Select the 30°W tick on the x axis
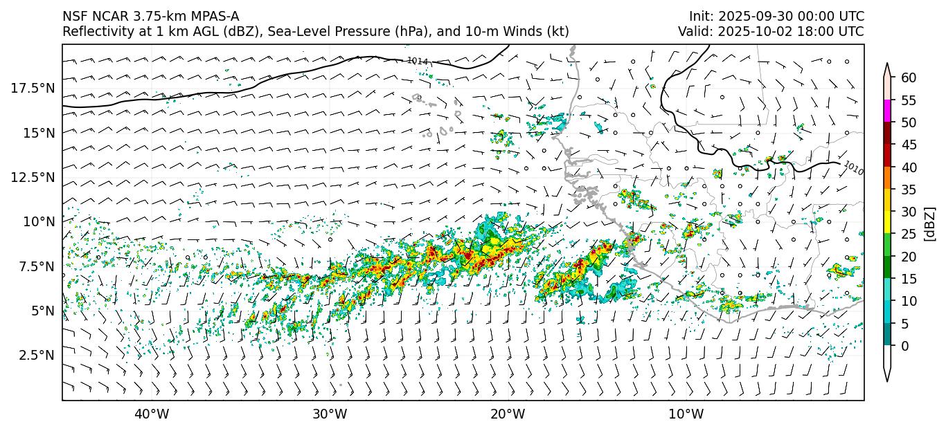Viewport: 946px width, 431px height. pos(330,414)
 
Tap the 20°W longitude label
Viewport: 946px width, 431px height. pos(508,414)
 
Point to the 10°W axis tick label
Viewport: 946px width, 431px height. pos(686,414)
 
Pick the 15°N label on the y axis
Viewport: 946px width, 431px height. pos(38,132)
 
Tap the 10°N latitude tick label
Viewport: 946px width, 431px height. pos(38,221)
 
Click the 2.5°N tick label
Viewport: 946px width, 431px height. pos(35,355)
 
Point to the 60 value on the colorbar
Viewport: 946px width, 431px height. pos(909,77)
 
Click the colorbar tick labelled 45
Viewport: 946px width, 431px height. pos(909,145)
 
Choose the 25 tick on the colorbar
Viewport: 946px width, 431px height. pos(909,234)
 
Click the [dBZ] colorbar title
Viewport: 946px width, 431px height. pos(930,223)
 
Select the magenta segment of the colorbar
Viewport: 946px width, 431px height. pos(887,111)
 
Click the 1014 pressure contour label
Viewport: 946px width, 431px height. pos(417,61)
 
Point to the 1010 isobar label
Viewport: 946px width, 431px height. pos(854,168)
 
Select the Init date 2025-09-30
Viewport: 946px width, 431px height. pos(752,17)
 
